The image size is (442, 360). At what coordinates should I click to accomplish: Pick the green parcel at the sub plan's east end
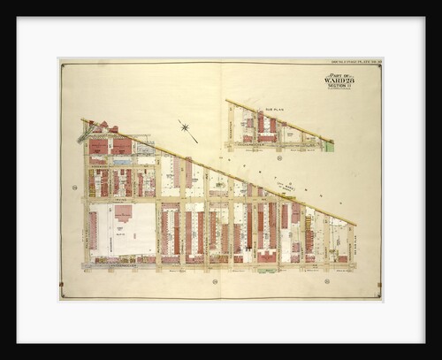pos(329,146)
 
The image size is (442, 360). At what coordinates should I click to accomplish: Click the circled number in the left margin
pos(74,187)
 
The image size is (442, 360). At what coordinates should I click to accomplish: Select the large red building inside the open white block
pos(123,213)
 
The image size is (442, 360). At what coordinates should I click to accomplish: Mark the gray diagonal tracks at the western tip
pos(87,134)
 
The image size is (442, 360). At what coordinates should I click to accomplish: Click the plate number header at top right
pos(352,62)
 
